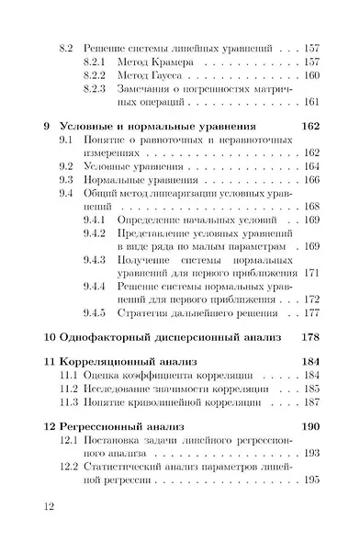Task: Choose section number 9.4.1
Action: point(96,221)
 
